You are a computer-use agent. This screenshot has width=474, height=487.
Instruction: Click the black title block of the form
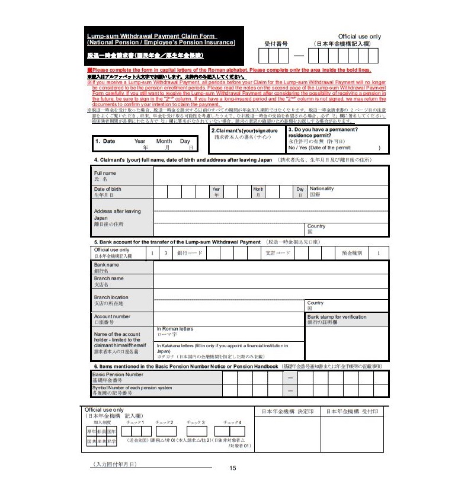[x=165, y=46]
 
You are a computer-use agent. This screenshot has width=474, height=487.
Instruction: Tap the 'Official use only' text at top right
[x=359, y=36]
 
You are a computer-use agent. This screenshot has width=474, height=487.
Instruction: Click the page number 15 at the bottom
[x=232, y=468]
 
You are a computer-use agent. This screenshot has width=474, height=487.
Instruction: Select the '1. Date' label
[x=105, y=141]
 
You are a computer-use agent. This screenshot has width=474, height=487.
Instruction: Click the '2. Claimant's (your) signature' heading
[x=245, y=130]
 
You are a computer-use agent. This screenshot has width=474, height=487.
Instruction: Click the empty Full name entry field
[x=271, y=175]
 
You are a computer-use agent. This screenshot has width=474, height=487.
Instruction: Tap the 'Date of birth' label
[x=107, y=189]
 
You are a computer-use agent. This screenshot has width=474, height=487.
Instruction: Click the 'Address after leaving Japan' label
[x=117, y=214]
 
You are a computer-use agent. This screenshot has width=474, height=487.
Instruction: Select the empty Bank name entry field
[x=271, y=267]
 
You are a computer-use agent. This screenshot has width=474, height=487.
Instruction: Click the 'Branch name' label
[x=109, y=278]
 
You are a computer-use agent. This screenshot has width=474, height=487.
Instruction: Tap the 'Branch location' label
[x=111, y=297]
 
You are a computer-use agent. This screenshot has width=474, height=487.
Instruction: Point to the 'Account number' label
[x=112, y=316]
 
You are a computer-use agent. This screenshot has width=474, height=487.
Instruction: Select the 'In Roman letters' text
[x=175, y=329]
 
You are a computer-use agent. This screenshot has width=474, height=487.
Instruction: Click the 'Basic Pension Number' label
[x=117, y=374]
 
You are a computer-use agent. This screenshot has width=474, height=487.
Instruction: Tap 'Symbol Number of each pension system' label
[x=132, y=387]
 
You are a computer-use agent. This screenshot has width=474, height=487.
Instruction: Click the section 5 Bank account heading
[x=177, y=242]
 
